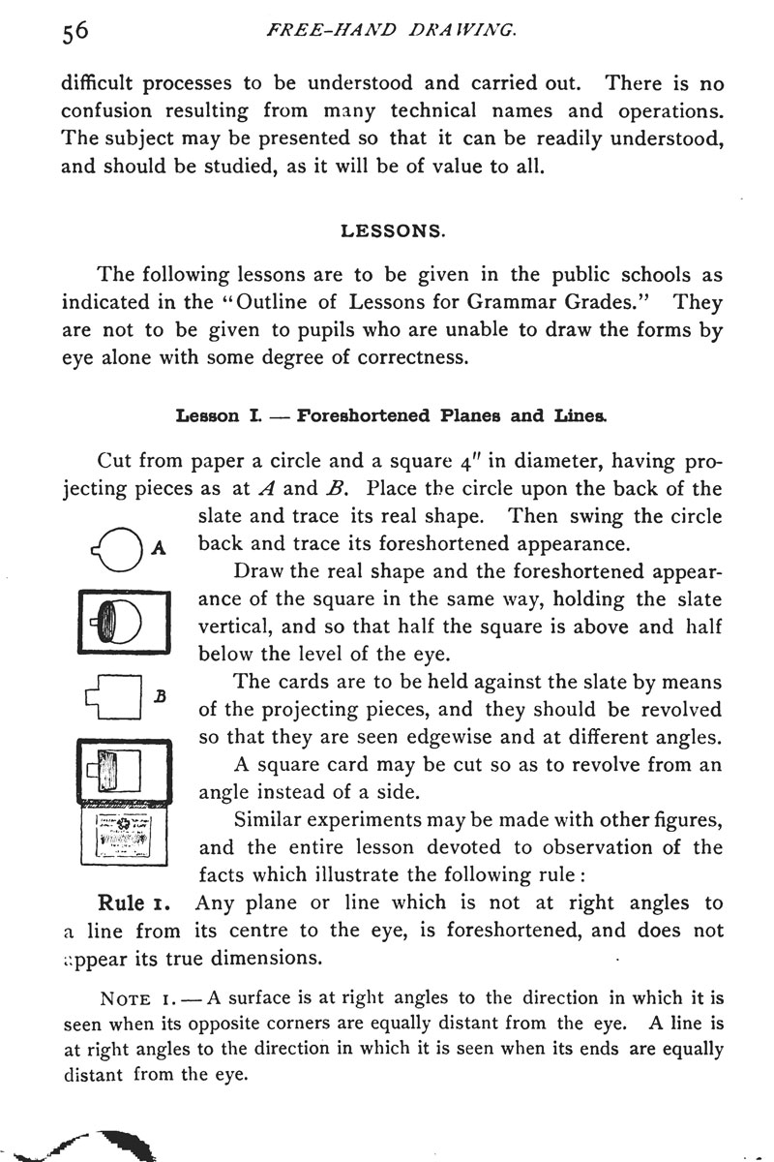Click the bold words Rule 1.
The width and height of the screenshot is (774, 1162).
(x=134, y=903)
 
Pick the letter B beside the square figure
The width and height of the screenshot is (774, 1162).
(x=161, y=695)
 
